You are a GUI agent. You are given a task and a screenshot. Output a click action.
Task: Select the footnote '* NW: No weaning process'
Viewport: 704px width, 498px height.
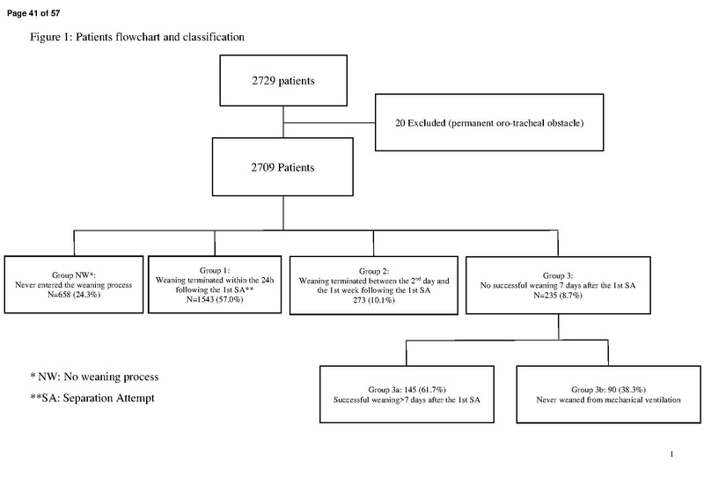(94, 377)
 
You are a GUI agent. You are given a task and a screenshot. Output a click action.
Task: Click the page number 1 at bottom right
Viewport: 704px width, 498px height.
(671, 454)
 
